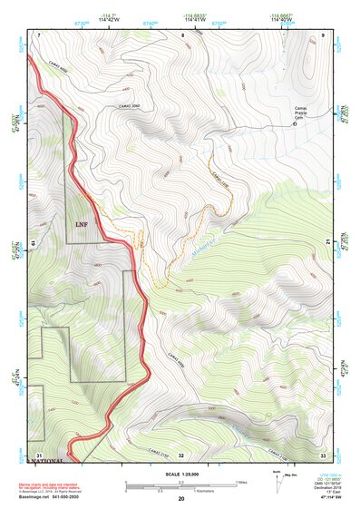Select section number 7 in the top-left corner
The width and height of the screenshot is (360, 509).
pyautogui.click(x=40, y=34)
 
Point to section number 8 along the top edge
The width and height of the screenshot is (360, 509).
pyautogui.click(x=182, y=34)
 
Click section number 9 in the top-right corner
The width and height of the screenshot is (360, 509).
pyautogui.click(x=323, y=34)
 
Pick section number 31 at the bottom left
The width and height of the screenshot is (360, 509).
pyautogui.click(x=39, y=454)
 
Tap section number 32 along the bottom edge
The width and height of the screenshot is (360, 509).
pyautogui.click(x=181, y=455)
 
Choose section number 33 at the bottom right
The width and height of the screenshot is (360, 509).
pyautogui.click(x=323, y=454)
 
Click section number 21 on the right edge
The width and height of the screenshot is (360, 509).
pyautogui.click(x=326, y=242)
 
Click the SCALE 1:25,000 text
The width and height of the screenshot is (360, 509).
pyautogui.click(x=180, y=474)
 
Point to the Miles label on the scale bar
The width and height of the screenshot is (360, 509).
pyautogui.click(x=243, y=482)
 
